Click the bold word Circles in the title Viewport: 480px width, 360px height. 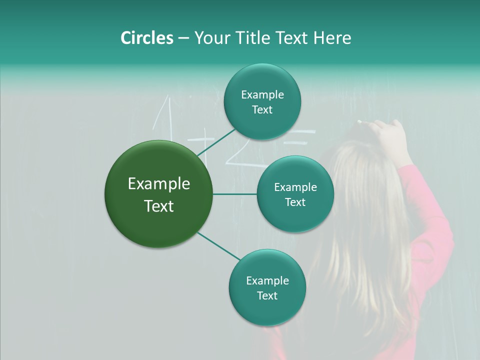point(146,38)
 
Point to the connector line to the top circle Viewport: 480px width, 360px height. point(216,141)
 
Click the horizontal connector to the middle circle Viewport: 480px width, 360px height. point(235,194)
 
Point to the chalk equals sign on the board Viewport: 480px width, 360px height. point(300,137)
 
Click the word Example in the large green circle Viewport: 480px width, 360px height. point(159,184)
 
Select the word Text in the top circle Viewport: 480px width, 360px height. point(262,110)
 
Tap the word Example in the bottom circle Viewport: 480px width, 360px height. point(267,280)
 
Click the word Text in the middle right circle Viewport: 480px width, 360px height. point(295,202)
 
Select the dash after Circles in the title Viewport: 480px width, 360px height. point(183,38)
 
